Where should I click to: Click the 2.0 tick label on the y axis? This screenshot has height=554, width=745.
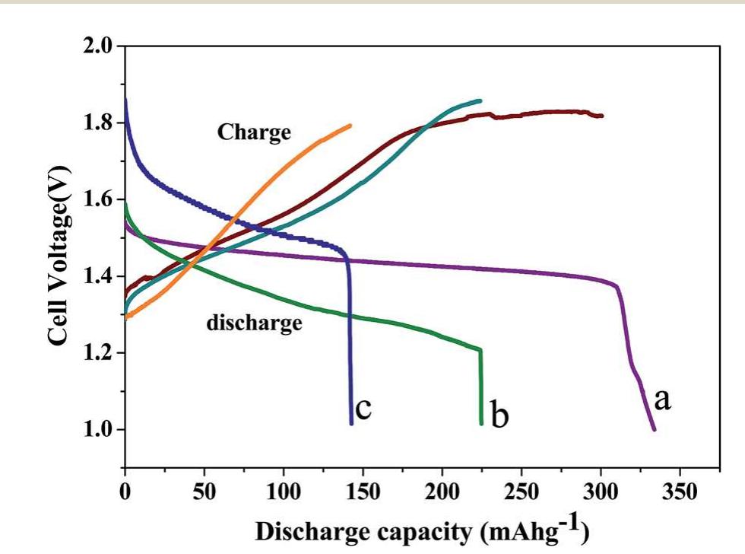coord(100,46)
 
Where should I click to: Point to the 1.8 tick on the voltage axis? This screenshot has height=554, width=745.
coord(100,123)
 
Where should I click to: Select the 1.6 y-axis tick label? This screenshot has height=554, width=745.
coord(100,199)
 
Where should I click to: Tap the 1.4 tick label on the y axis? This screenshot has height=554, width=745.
coord(100,276)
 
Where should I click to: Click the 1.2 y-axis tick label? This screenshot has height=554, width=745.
coord(100,353)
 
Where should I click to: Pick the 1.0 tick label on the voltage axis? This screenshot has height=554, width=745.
coord(100,430)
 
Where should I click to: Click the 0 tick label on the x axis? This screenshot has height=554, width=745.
coord(125,492)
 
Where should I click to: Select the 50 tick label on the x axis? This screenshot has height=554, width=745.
coord(204,492)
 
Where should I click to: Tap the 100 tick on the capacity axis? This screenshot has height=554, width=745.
coord(284,492)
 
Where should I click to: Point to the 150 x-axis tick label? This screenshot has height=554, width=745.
coord(363,492)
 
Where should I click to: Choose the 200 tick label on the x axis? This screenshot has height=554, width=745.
coord(442,492)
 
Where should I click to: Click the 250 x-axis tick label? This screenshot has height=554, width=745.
coord(521,492)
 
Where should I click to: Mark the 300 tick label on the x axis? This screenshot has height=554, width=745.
coord(601,492)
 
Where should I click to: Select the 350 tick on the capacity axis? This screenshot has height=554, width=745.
coord(680,492)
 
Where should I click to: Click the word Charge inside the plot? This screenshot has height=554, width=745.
coord(254,132)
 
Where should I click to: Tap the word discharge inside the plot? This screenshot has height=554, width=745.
coord(254,323)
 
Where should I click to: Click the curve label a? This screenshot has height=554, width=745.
coord(663,399)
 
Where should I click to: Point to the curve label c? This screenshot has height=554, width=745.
coord(363,409)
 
